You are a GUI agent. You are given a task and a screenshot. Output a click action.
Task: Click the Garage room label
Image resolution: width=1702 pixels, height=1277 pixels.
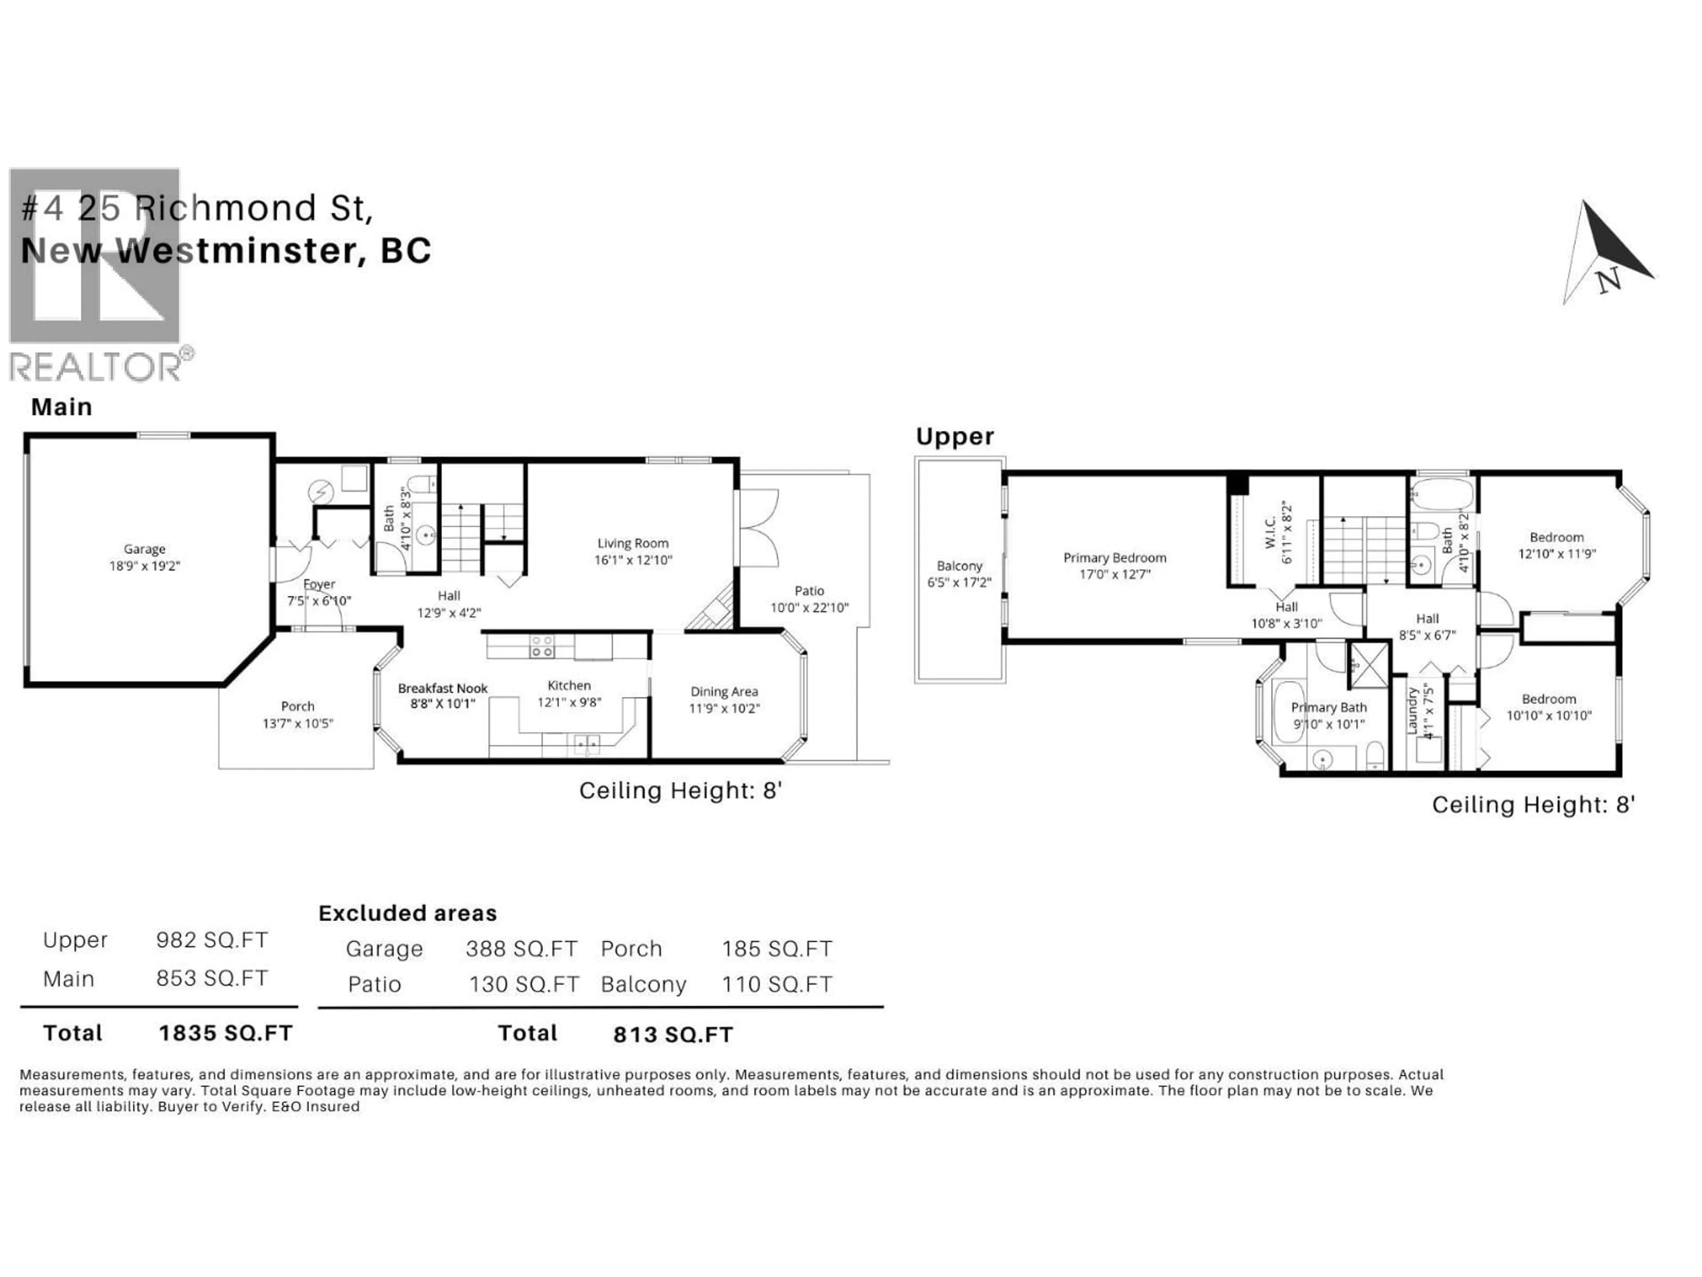144,549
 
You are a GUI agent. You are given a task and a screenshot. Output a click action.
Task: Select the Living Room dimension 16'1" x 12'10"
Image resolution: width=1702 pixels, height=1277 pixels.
632,560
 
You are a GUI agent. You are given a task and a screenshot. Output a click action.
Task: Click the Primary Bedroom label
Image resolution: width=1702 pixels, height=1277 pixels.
1114,557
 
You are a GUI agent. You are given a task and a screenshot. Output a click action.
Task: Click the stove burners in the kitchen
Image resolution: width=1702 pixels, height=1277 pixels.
542,646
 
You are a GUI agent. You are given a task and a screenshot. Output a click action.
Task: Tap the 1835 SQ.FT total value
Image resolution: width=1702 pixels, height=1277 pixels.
226,1033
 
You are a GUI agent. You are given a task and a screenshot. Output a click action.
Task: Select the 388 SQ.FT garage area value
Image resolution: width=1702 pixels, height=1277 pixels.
521,948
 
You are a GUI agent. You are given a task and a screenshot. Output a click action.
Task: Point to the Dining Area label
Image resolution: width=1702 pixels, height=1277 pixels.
723,691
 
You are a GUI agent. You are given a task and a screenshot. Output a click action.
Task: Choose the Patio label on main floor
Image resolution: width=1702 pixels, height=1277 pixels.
809,591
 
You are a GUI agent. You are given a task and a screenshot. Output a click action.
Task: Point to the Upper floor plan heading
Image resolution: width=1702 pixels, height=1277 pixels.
954,436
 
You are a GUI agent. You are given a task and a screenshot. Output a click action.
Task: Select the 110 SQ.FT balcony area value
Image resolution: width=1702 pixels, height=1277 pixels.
777,984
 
